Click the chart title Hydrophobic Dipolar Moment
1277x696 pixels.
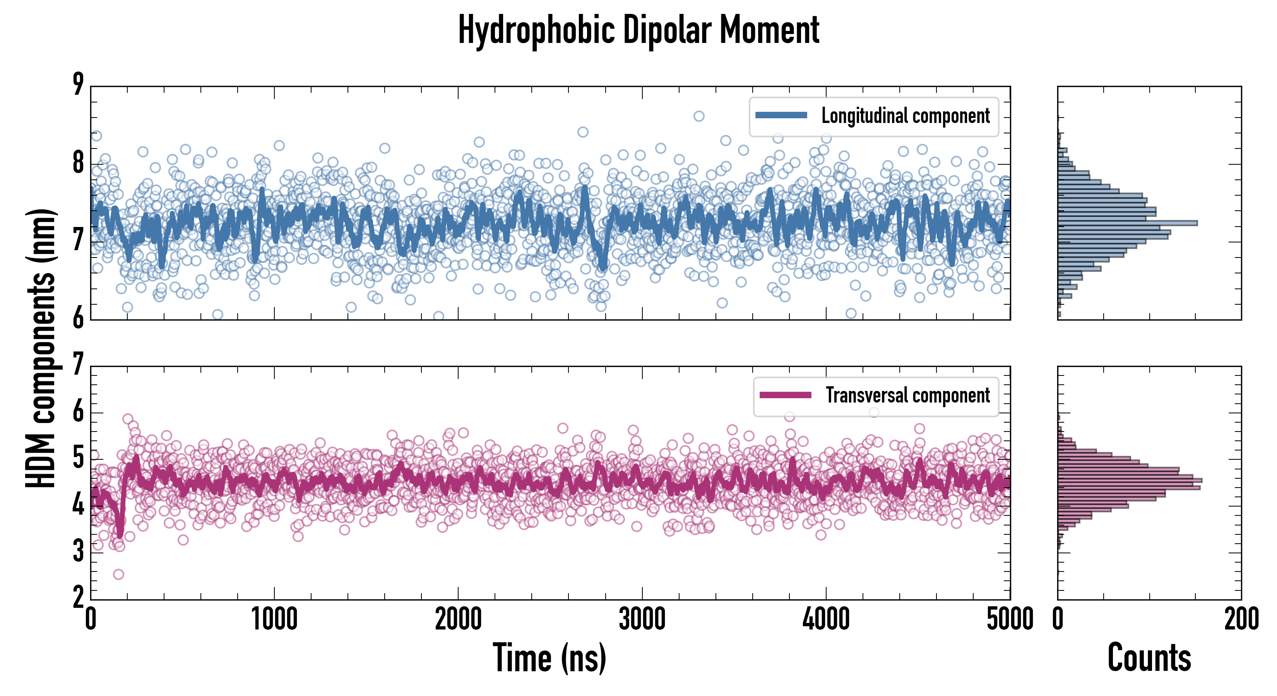tap(638, 31)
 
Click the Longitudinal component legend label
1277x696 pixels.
tap(905, 116)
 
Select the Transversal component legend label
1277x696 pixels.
tap(908, 395)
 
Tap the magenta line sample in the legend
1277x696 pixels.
tap(785, 395)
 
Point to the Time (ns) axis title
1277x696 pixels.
tap(549, 658)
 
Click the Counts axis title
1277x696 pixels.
tap(1149, 658)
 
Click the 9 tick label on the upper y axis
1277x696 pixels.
tap(78, 84)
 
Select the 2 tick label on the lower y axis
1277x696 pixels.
tap(78, 597)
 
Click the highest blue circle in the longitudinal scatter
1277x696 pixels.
tap(698, 116)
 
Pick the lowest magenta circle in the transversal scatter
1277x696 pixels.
tap(118, 575)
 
